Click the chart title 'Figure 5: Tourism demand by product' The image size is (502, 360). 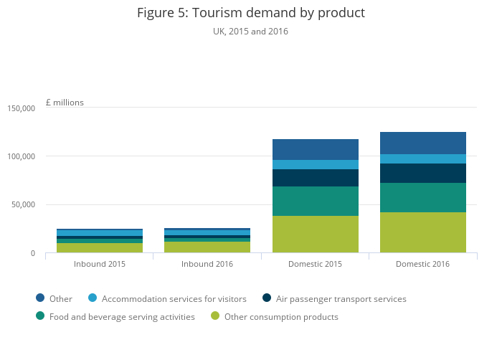point(250,13)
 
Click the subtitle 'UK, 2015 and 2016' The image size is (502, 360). point(250,32)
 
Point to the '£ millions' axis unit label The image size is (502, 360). point(65,103)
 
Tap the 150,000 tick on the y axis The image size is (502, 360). point(22,108)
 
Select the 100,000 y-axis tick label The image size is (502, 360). point(22,156)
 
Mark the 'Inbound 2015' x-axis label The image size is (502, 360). point(100,264)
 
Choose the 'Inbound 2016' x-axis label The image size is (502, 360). point(207,264)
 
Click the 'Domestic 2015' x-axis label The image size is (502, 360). point(315,264)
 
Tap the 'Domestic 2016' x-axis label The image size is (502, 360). point(422,264)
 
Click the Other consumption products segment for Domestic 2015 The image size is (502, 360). point(315,234)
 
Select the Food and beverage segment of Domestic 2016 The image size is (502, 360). point(422,197)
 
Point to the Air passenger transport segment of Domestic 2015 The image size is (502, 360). point(315,178)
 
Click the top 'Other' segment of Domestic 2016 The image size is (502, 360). point(422,143)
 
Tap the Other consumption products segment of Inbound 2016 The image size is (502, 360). point(207,247)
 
